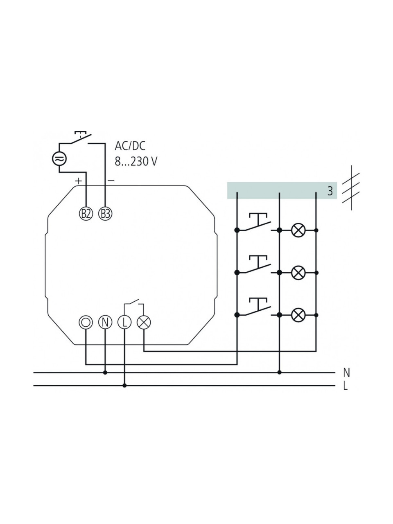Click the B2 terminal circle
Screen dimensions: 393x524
[x=86, y=214]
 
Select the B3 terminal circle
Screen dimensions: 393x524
[x=105, y=214]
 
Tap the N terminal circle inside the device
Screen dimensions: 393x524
[x=105, y=322]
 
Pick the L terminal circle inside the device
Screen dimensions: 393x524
[x=124, y=322]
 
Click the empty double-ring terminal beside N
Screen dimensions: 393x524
[x=86, y=322]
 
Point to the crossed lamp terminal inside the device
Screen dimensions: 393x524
[x=144, y=322]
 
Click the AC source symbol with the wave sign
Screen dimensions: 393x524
[x=59, y=159]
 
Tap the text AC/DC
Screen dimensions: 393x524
[x=130, y=146]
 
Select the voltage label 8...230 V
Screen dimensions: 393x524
[x=136, y=161]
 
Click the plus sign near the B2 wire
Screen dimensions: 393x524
[x=78, y=181]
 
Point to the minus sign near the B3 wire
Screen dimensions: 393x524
[x=111, y=181]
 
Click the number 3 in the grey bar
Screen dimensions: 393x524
[x=330, y=191]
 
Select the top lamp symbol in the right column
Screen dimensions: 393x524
[x=298, y=230]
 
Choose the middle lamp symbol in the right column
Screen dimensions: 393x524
[x=298, y=273]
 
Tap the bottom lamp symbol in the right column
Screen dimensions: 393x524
[x=298, y=315]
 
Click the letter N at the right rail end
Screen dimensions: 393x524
[x=346, y=373]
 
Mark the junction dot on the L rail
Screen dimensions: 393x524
[x=124, y=386]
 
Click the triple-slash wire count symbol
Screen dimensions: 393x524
[x=351, y=188]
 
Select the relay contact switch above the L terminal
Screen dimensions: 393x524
[x=134, y=305]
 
